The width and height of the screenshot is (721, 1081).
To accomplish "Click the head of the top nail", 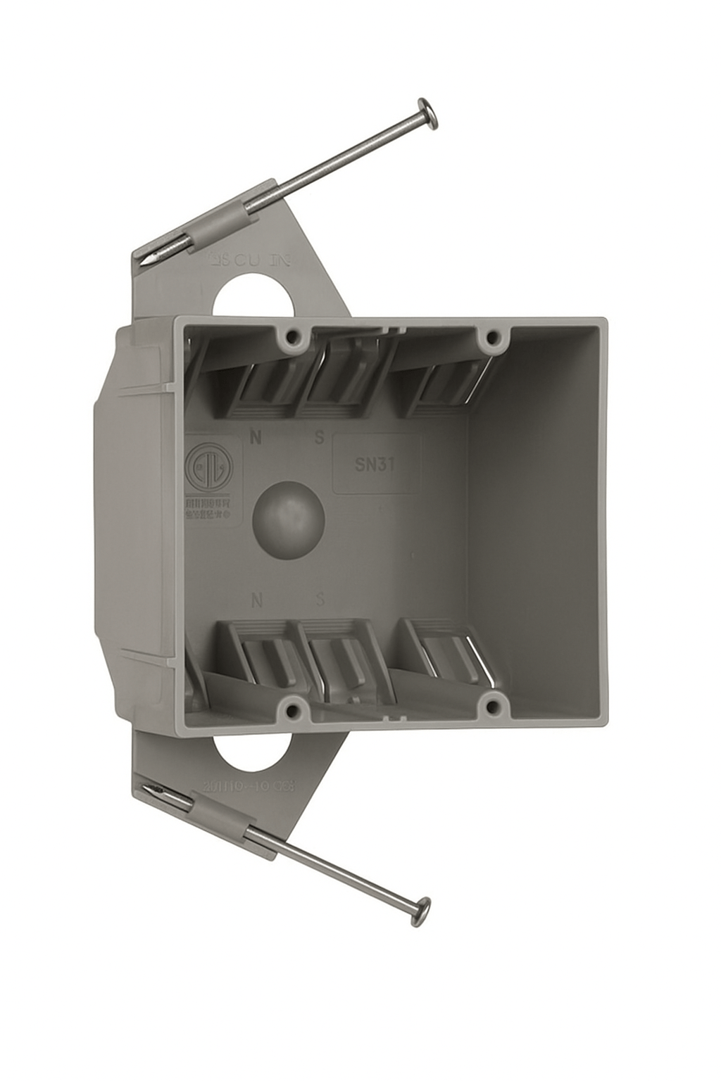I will pos(428,113).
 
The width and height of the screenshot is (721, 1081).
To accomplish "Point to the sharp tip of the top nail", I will pos(145,262).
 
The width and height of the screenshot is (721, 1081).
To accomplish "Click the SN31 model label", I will pos(375,464).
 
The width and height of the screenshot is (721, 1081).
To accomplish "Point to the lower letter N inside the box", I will pos(257,600).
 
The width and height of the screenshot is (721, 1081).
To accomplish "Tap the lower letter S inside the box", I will pos(320,600).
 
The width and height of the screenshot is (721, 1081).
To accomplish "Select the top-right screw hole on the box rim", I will pos(491,338).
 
